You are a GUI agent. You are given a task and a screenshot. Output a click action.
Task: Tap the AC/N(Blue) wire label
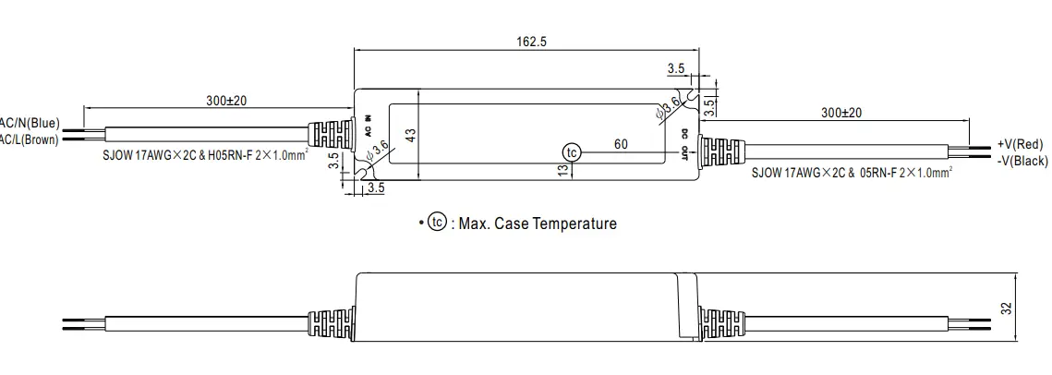(x=30, y=123)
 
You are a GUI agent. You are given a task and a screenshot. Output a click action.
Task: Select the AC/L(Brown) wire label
(x=28, y=139)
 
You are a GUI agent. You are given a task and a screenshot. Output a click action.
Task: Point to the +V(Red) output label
(x=1020, y=144)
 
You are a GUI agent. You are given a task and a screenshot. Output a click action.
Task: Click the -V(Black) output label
(x=1022, y=161)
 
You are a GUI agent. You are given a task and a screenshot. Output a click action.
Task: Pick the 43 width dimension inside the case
(x=411, y=133)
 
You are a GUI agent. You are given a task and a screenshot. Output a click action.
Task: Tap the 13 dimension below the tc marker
(x=562, y=172)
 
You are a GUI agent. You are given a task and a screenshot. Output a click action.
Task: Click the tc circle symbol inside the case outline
(x=572, y=151)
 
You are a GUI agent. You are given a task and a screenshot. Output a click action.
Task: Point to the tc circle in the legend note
(x=437, y=223)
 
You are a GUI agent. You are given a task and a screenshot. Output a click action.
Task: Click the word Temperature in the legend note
(x=569, y=224)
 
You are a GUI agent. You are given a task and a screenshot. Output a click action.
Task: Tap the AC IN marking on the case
(x=368, y=125)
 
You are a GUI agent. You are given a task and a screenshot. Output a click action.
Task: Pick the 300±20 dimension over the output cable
(x=840, y=112)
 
